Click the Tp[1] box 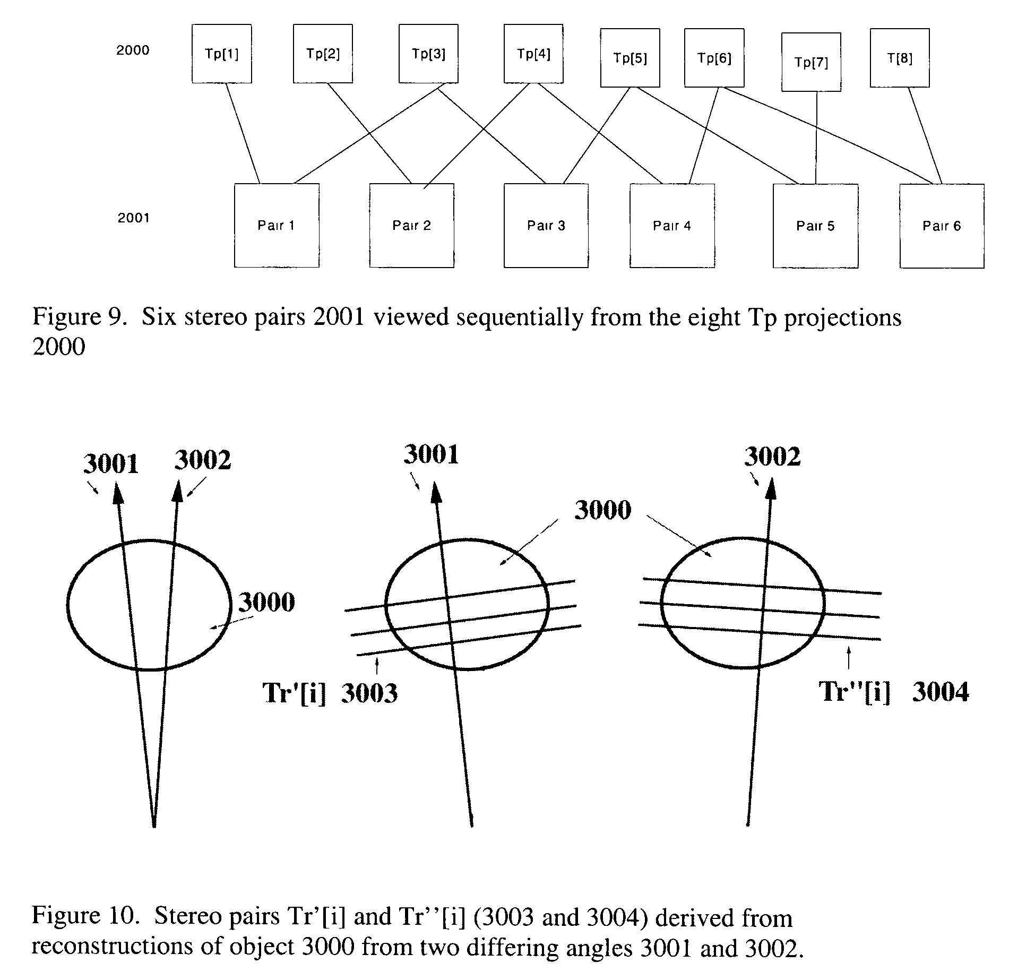tap(222, 54)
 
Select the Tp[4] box tap(534, 54)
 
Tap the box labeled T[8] tap(900, 58)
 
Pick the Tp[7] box tap(811, 62)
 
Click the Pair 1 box tap(277, 226)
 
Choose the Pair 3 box tap(546, 226)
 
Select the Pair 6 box tap(942, 226)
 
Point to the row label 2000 tap(133, 50)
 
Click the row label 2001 tap(134, 218)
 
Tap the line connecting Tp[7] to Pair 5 tap(816, 138)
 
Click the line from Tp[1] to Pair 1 tap(244, 133)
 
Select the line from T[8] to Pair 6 tap(925, 136)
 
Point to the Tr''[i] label tap(854, 691)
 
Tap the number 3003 tap(369, 693)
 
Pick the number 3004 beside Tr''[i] tap(941, 692)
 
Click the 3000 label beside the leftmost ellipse tap(266, 602)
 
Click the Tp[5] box tap(630, 58)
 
